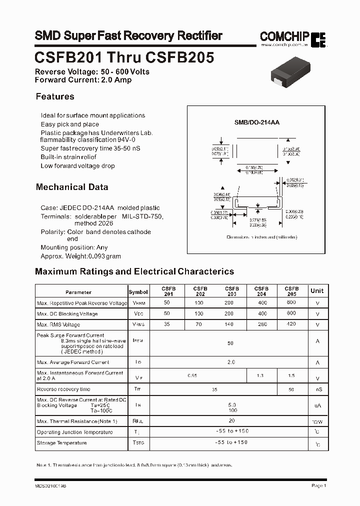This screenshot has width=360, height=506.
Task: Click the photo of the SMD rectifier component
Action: click(288, 72)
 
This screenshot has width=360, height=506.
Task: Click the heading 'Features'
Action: click(55, 96)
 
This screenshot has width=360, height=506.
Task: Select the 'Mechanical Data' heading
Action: click(72, 187)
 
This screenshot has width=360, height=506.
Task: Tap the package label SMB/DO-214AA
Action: click(257, 122)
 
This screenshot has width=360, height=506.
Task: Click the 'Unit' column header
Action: click(317, 291)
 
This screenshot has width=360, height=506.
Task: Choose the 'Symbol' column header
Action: click(138, 292)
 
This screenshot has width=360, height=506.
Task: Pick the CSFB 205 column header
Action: click(291, 291)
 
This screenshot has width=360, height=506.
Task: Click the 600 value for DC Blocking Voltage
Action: click(291, 313)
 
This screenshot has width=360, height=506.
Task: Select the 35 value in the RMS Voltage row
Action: click(167, 324)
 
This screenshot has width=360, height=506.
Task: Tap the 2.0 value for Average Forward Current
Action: click(231, 362)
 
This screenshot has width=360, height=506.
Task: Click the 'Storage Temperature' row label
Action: click(61, 443)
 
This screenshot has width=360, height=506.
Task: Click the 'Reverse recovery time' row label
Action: click(63, 389)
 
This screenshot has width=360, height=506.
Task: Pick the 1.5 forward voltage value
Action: click(291, 375)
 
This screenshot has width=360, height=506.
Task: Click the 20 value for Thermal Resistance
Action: click(231, 420)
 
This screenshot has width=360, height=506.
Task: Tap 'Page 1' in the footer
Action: click(318, 485)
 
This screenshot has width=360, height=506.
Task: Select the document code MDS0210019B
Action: click(51, 485)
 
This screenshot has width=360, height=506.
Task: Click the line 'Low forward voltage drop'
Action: click(77, 166)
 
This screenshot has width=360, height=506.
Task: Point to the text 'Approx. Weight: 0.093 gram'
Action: click(80, 256)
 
